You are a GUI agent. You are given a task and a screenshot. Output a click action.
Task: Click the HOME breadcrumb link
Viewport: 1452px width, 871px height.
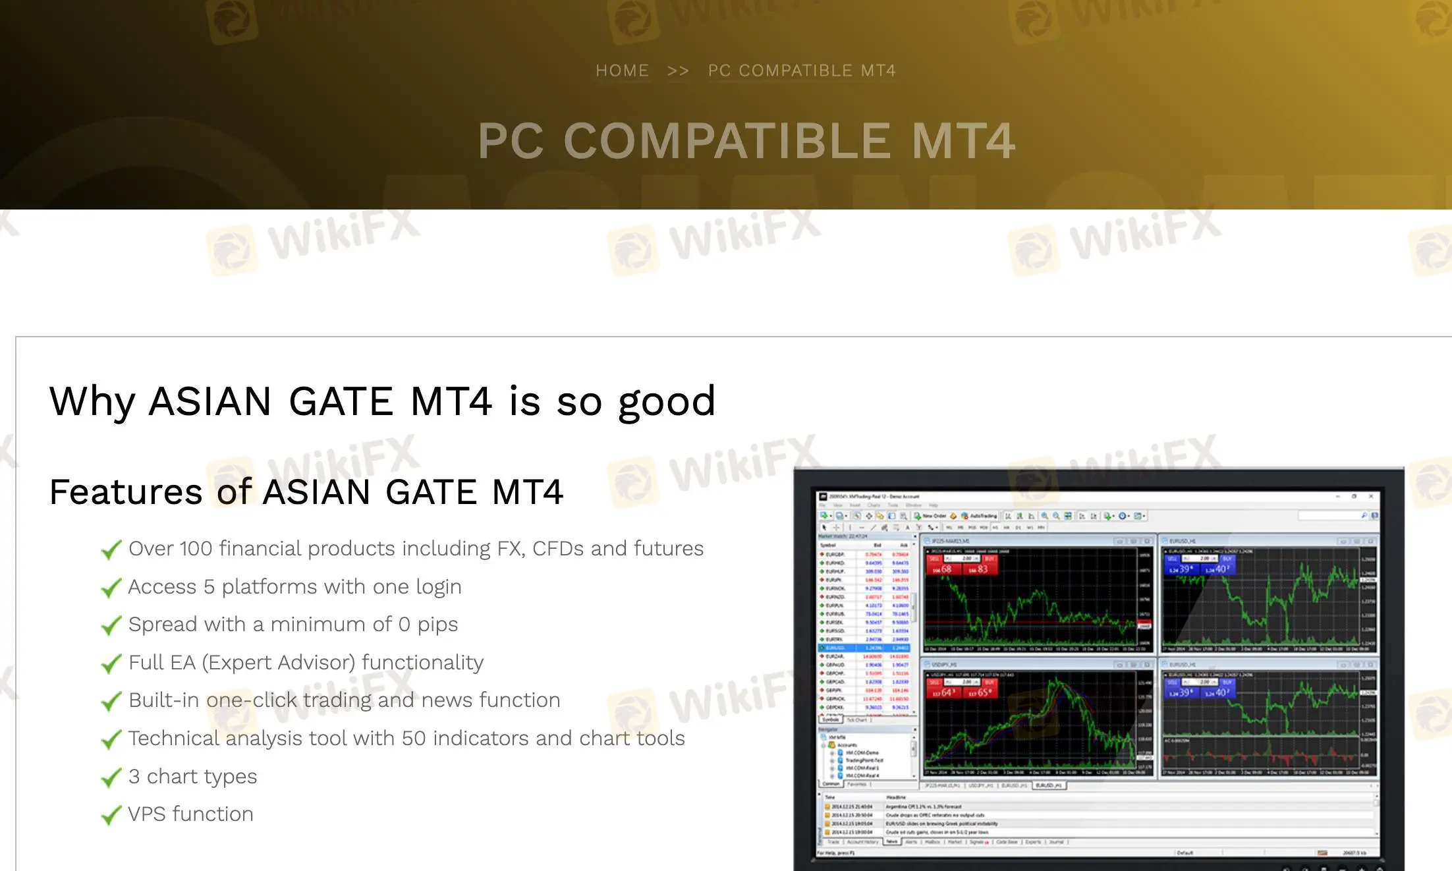622,70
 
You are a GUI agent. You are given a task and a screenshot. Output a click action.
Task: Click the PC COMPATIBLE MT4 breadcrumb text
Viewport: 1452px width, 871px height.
802,70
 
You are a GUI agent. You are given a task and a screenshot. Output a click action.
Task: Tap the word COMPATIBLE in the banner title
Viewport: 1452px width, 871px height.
727,141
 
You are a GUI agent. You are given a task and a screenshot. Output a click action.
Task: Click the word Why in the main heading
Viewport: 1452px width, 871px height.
92,401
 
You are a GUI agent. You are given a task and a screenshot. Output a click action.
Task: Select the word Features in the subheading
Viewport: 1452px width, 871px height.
125,492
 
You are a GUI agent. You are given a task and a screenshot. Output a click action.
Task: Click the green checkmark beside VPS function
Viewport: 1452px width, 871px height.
111,815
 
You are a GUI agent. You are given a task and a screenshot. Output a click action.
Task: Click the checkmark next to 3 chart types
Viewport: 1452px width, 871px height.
111,777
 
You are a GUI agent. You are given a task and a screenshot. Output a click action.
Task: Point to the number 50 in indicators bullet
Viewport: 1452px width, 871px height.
414,738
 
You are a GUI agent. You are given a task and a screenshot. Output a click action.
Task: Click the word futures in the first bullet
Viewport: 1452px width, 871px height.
669,548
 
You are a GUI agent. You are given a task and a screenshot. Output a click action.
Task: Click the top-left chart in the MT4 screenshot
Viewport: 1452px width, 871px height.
1031,596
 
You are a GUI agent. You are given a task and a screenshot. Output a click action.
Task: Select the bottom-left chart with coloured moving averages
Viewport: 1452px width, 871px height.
1031,721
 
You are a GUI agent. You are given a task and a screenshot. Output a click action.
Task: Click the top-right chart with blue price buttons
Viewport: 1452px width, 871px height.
1262,596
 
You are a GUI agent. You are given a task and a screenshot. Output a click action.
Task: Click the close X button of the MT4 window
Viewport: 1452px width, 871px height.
1371,496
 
